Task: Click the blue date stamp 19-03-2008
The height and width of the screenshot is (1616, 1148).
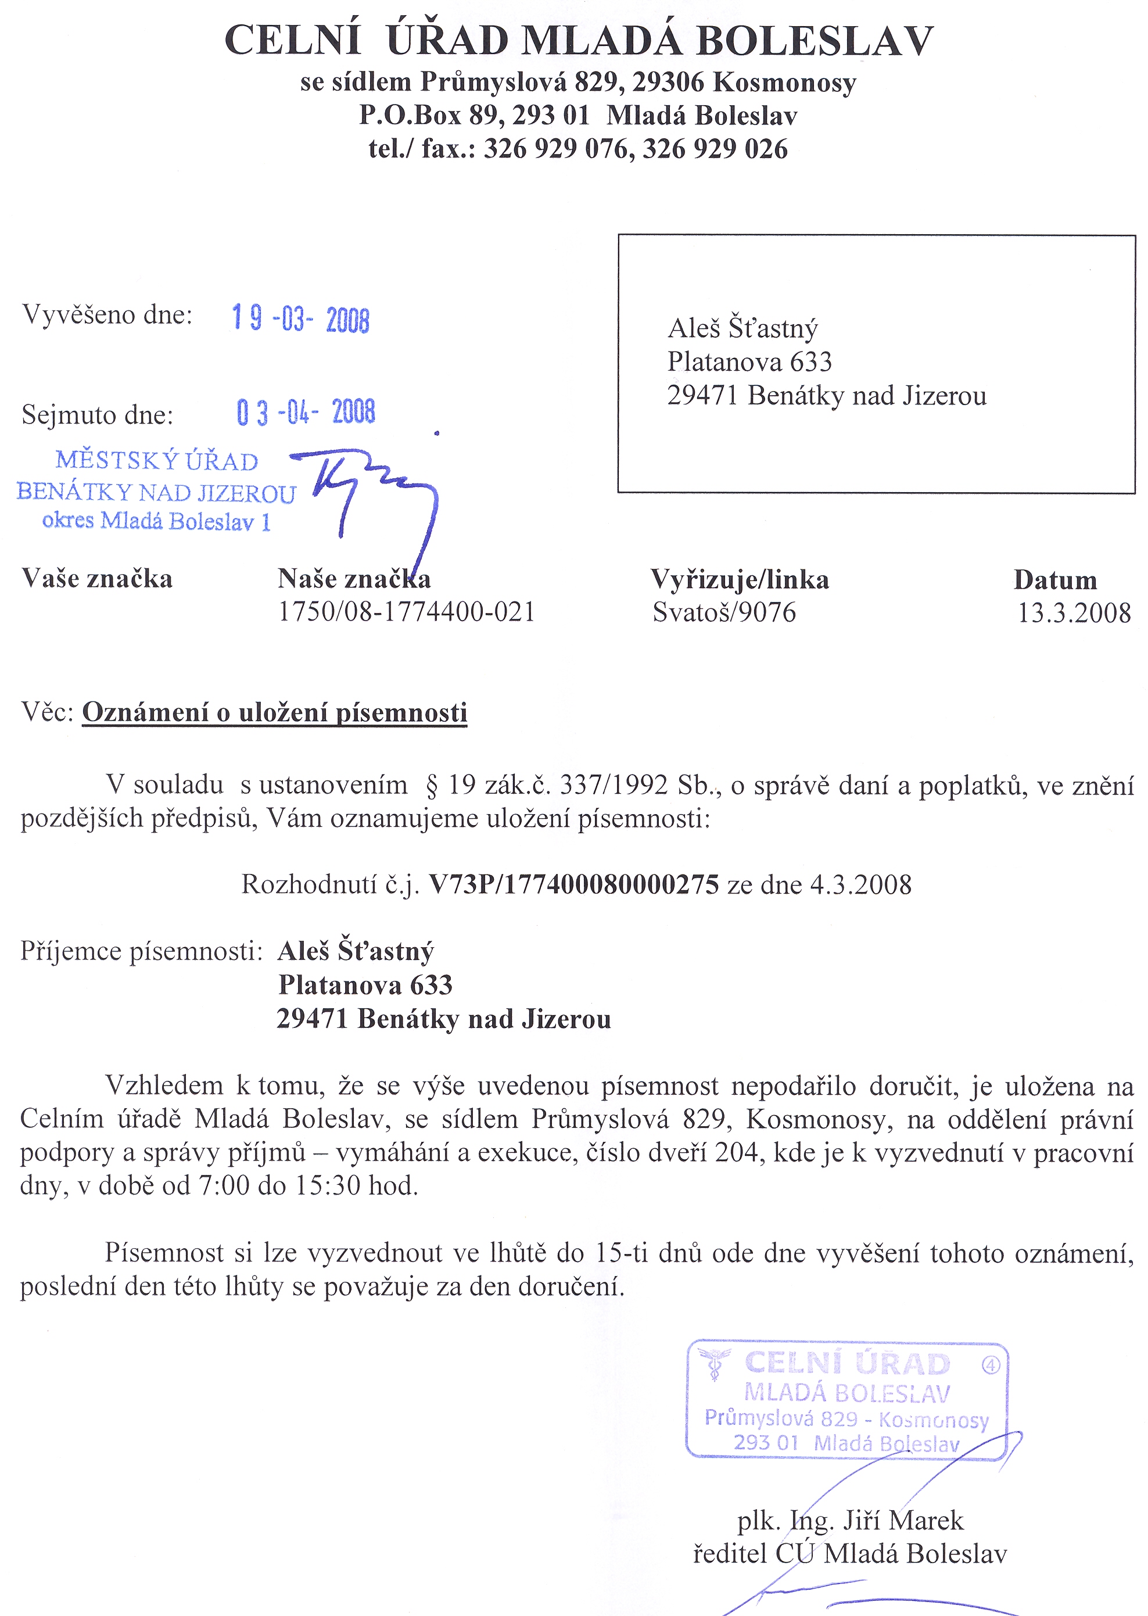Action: click(300, 320)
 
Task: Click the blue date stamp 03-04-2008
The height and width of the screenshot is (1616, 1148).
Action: click(306, 412)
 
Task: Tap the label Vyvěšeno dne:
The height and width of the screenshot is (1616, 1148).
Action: click(107, 314)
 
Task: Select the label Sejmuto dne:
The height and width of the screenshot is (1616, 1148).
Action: click(98, 415)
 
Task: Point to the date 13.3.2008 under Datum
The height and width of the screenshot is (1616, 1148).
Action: click(1074, 613)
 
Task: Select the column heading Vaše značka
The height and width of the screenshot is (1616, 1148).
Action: click(97, 579)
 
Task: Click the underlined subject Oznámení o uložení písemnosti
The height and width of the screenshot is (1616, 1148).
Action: click(274, 712)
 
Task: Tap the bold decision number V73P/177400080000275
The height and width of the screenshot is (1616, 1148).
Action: click(574, 885)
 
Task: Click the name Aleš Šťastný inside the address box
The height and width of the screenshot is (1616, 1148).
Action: click(742, 329)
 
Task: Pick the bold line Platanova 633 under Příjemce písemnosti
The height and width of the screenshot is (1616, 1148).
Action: click(365, 986)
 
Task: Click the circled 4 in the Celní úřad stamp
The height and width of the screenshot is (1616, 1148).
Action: click(991, 1366)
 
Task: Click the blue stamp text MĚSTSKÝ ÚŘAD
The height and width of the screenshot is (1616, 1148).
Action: click(157, 461)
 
